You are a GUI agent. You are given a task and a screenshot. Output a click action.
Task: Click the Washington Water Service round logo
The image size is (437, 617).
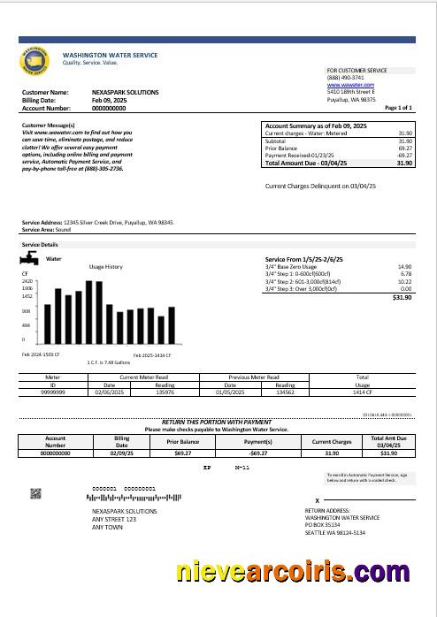coord(39,60)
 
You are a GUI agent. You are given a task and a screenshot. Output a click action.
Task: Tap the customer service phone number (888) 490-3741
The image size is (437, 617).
coord(345,78)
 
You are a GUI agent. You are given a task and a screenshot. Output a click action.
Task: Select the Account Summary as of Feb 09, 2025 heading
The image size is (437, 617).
coord(316,126)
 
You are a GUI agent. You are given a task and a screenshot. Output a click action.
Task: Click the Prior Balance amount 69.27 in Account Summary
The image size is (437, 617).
coord(405,149)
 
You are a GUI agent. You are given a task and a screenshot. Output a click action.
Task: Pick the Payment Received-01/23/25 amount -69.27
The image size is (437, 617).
coord(404,156)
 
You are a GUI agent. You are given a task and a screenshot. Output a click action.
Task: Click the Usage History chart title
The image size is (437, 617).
coord(106,266)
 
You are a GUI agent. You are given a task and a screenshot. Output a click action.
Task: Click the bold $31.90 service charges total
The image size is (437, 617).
coord(402,298)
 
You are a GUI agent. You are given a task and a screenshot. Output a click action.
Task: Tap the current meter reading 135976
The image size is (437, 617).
coord(165,393)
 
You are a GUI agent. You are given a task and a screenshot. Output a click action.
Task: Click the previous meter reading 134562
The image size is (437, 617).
coord(285,393)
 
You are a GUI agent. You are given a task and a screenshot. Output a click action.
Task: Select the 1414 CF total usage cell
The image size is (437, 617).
coord(362,393)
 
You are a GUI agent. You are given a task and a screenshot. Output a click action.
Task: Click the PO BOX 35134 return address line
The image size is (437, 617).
coord(330,523)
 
